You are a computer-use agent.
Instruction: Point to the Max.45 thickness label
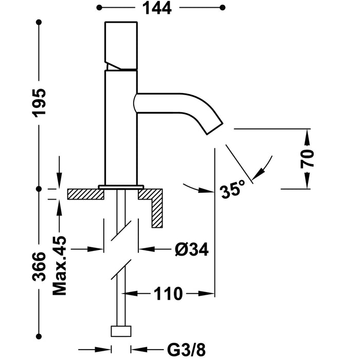60,265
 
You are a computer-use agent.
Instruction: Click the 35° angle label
230,191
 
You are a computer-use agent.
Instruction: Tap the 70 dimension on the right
308,159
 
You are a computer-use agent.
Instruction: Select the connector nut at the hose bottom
121,331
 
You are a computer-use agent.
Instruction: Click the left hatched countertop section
84,195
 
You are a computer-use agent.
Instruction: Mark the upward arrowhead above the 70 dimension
307,134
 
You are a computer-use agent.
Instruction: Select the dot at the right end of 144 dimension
222,7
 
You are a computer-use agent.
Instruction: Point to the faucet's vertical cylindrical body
121,129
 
